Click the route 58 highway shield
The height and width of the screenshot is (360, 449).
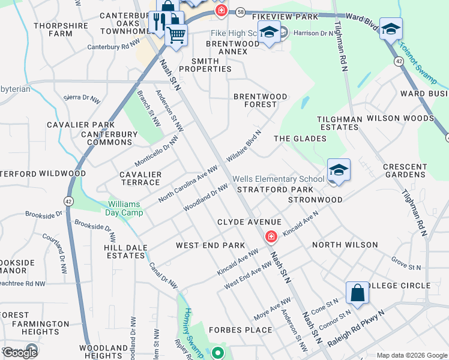[x=240, y=11]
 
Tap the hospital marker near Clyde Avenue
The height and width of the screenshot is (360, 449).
[x=271, y=238]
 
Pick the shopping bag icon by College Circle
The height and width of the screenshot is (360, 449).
[x=357, y=294]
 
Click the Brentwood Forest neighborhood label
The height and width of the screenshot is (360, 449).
[x=260, y=100]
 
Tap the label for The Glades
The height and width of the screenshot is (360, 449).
[x=300, y=139]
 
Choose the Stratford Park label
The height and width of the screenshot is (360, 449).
[x=267, y=190]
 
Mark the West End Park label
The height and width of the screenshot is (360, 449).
[x=210, y=245]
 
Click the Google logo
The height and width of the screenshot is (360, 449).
[x=20, y=353]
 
